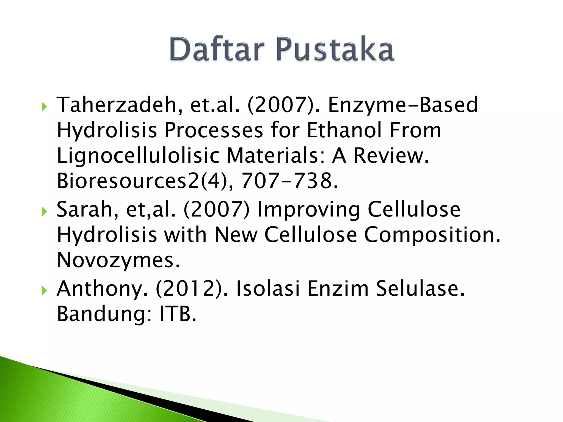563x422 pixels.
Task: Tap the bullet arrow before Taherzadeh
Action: tap(44, 106)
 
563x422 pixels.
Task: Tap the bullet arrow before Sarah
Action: tap(44, 211)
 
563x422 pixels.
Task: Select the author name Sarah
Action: tap(87, 209)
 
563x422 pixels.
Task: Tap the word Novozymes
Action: tap(118, 260)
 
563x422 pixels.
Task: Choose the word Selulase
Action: tap(420, 288)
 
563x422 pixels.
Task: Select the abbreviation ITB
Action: tap(178, 314)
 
